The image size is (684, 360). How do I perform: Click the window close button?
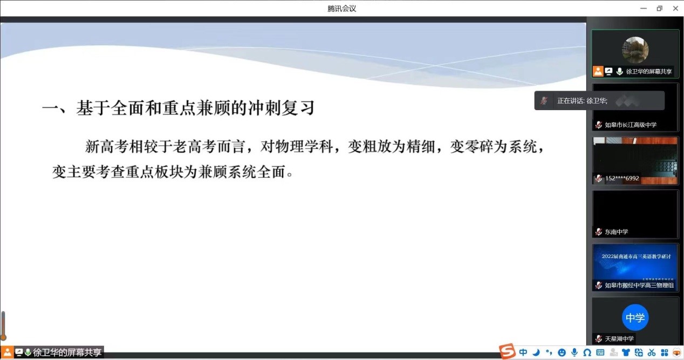pyautogui.click(x=675, y=9)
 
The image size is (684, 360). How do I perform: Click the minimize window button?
pyautogui.click(x=644, y=9)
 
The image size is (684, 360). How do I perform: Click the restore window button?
pyautogui.click(x=660, y=9)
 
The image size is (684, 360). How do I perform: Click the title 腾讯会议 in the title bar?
pyautogui.click(x=341, y=9)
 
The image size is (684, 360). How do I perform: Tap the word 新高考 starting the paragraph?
pyautogui.click(x=107, y=146)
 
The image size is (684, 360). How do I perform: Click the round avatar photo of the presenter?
pyautogui.click(x=635, y=50)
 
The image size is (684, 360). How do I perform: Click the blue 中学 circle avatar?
pyautogui.click(x=635, y=317)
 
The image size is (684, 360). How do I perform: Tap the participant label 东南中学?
pyautogui.click(x=616, y=232)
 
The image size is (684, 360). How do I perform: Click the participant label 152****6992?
pyautogui.click(x=622, y=178)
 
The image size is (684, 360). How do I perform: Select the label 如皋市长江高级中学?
pyautogui.click(x=631, y=125)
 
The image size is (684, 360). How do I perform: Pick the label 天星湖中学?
pyautogui.click(x=619, y=338)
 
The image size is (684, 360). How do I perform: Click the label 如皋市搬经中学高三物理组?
pyautogui.click(x=639, y=285)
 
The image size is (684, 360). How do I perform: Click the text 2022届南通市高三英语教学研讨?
pyautogui.click(x=636, y=256)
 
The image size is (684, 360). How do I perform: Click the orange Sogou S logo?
pyautogui.click(x=507, y=351)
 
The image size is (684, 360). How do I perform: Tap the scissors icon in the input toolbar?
pyautogui.click(x=651, y=352)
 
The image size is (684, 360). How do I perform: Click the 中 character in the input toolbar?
pyautogui.click(x=523, y=352)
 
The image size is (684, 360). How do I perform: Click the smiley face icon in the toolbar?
pyautogui.click(x=562, y=352)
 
